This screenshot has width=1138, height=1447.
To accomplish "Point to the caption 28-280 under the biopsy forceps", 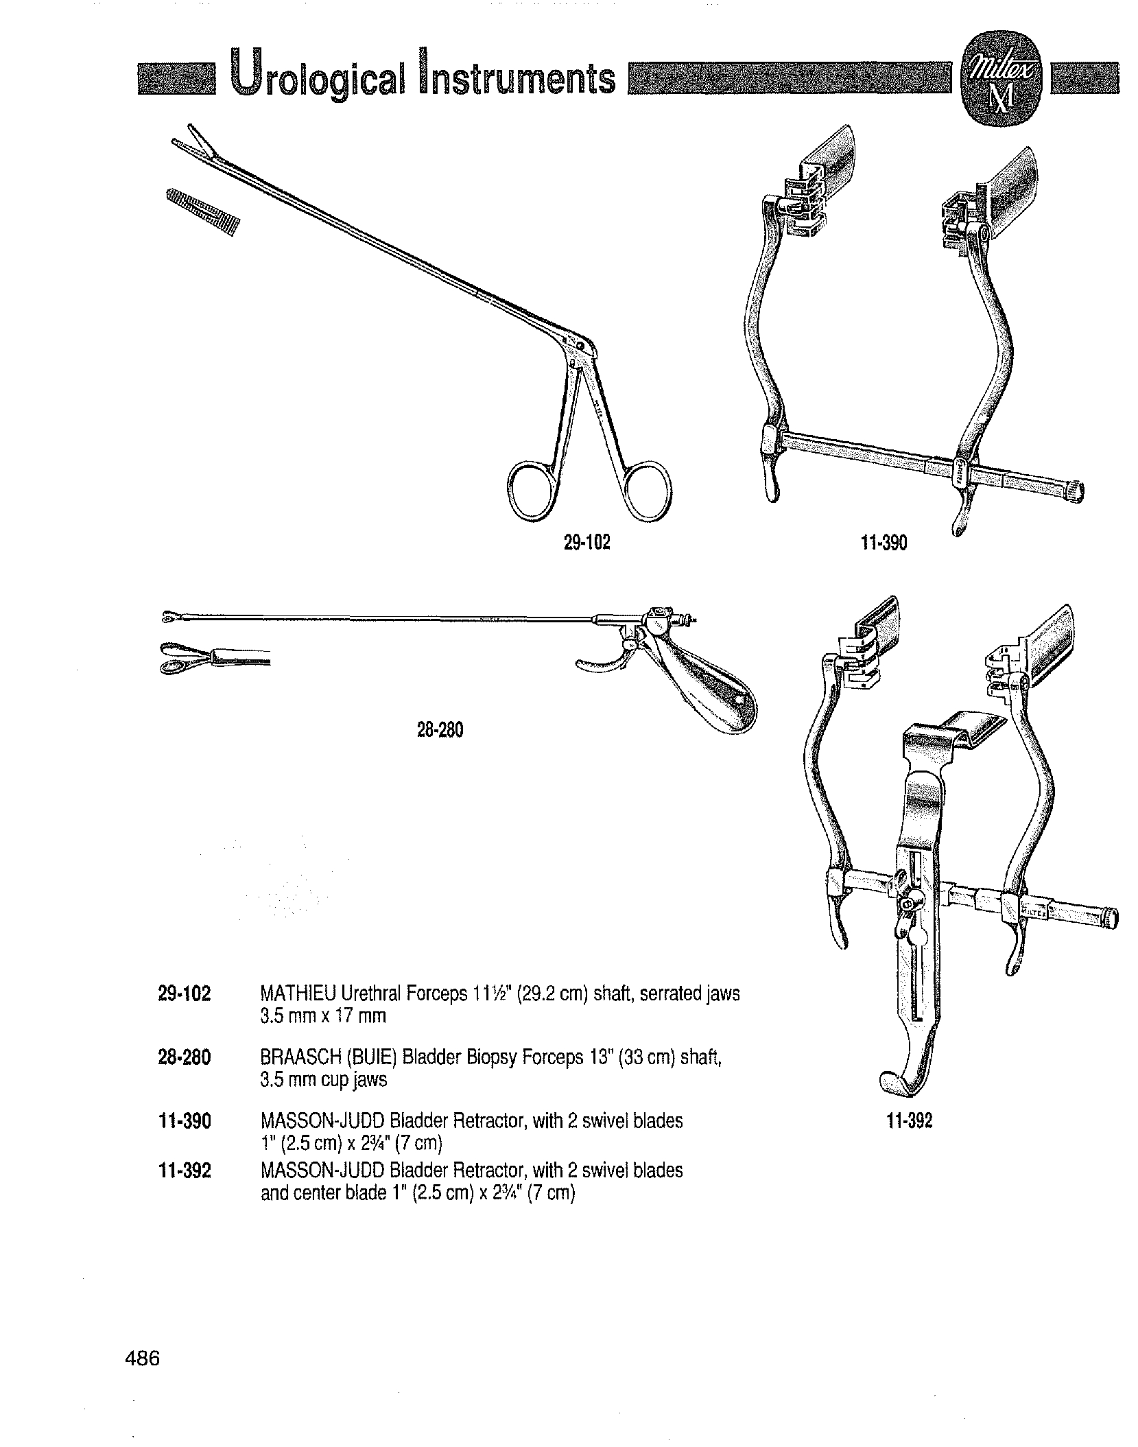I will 440,731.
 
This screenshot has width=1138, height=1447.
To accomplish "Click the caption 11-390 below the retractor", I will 884,543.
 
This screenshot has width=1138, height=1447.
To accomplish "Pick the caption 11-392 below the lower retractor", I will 909,1122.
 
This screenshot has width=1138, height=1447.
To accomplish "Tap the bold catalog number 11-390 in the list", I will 184,1121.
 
